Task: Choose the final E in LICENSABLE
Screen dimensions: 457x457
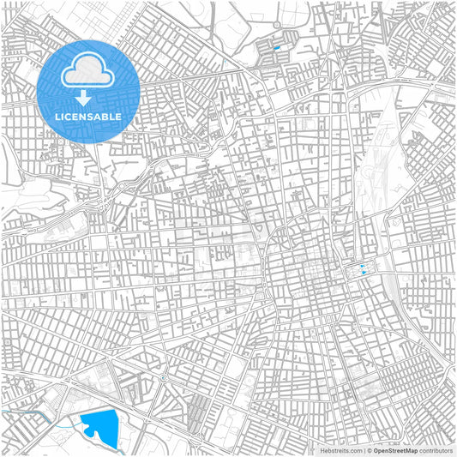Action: click(119, 117)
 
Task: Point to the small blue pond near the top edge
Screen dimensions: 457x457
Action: click(277, 48)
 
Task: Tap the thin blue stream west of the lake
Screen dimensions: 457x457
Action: click(34, 412)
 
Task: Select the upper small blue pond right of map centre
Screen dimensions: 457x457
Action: click(364, 266)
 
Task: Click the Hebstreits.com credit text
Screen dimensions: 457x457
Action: click(339, 449)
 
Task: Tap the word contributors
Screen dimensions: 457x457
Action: click(436, 449)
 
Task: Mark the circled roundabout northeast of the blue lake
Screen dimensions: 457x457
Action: click(163, 377)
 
